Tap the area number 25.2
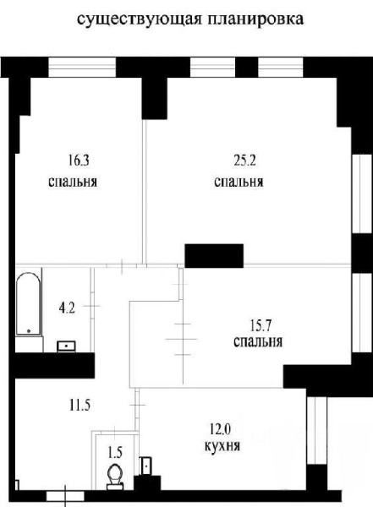[244, 161]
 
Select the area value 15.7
[261, 325]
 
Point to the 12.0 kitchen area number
[220, 430]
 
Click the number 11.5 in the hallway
[80, 405]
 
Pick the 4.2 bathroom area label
[67, 308]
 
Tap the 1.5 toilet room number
[115, 453]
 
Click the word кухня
[222, 446]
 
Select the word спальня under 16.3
[73, 182]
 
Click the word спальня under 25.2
[239, 182]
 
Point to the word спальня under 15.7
[258, 342]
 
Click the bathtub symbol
[29, 303]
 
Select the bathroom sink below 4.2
[66, 346]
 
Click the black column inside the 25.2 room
[214, 256]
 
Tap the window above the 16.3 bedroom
[82, 68]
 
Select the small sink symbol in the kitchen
[145, 466]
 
